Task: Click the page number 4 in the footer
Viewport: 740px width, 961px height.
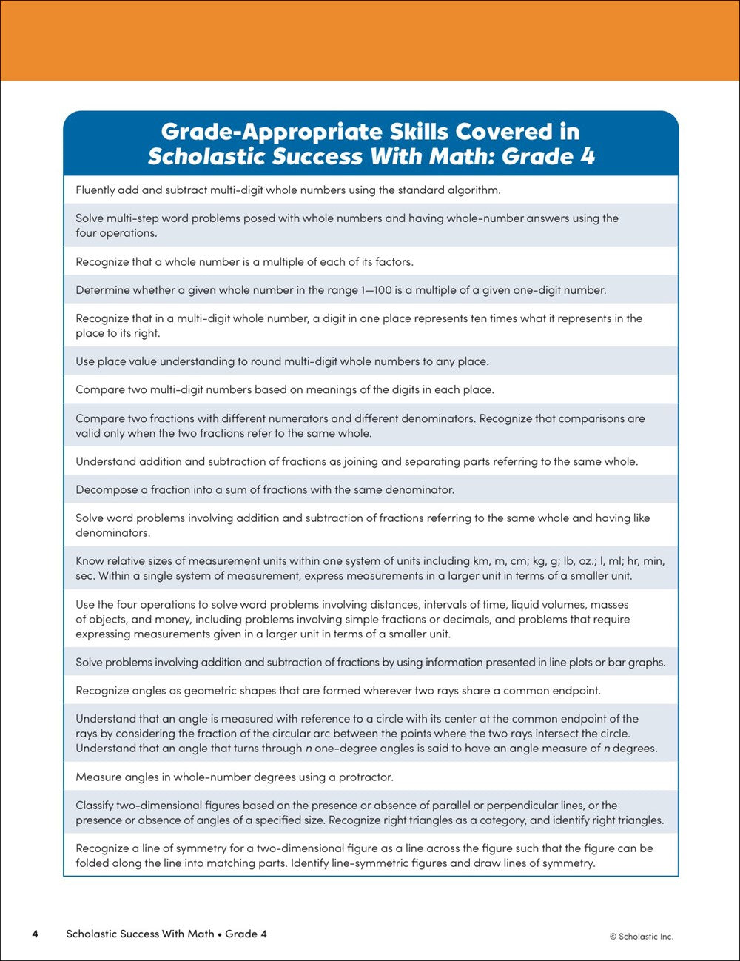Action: click(x=35, y=934)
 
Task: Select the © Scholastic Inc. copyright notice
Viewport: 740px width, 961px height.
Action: click(x=642, y=936)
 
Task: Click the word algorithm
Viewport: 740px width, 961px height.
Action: click(x=473, y=190)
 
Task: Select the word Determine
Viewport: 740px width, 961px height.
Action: click(x=103, y=290)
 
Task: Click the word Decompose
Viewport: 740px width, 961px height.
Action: click(x=107, y=490)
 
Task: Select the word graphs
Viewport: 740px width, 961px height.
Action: click(x=646, y=663)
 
